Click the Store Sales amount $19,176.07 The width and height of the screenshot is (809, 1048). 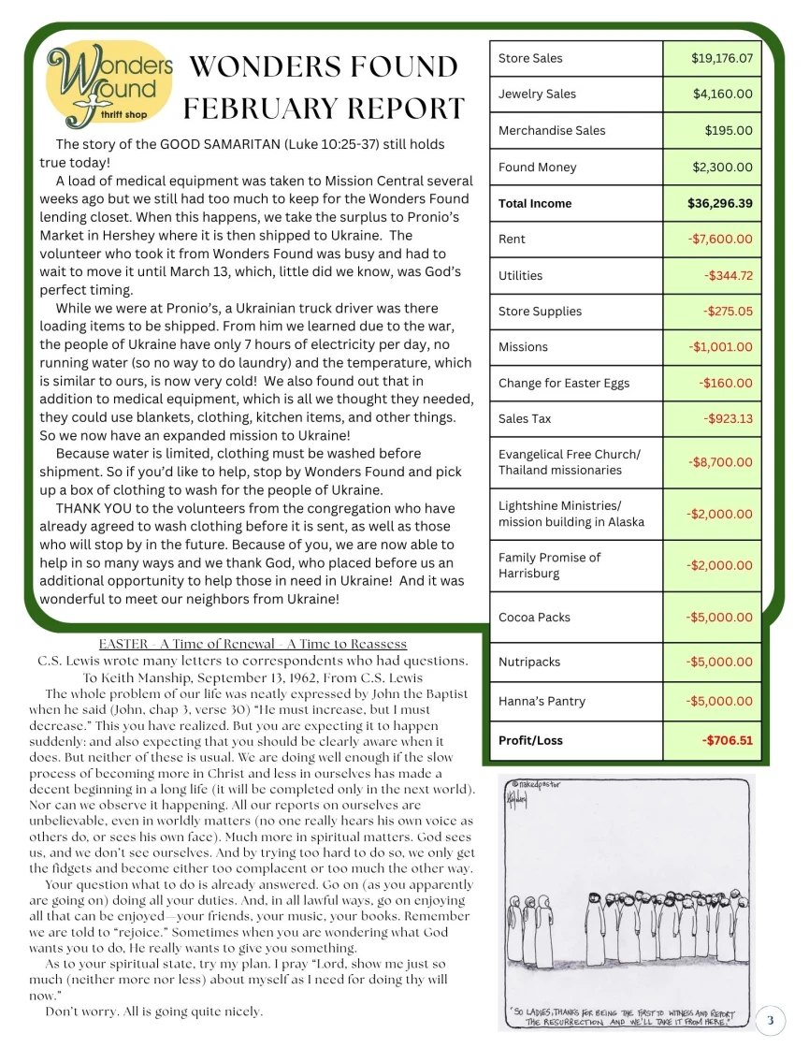[721, 58]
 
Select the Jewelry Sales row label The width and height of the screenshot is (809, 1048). [537, 94]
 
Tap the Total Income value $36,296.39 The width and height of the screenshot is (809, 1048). [719, 203]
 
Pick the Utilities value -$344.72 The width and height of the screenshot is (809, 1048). [728, 275]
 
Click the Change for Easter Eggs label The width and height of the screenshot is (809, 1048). [563, 383]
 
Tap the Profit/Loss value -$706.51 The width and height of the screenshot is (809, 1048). [727, 740]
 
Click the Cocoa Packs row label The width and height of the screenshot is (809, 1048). [534, 618]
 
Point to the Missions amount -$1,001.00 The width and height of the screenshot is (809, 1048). [720, 346]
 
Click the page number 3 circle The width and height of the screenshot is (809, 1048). [770, 1019]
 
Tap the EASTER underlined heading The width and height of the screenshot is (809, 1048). [253, 644]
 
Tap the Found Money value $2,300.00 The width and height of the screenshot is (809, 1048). [721, 167]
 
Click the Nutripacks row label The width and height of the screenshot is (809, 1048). [529, 662]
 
